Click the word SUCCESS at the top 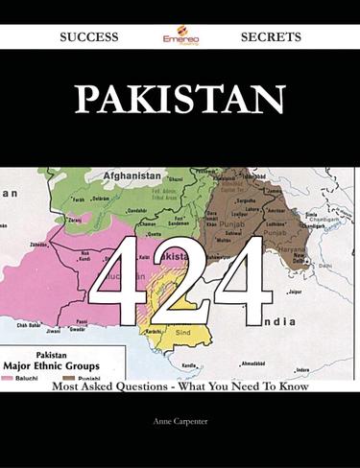tap(88, 36)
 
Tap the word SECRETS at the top tap(272, 36)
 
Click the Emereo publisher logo tap(180, 36)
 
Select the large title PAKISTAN tap(180, 98)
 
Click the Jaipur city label tap(295, 291)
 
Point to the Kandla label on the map tap(189, 364)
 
